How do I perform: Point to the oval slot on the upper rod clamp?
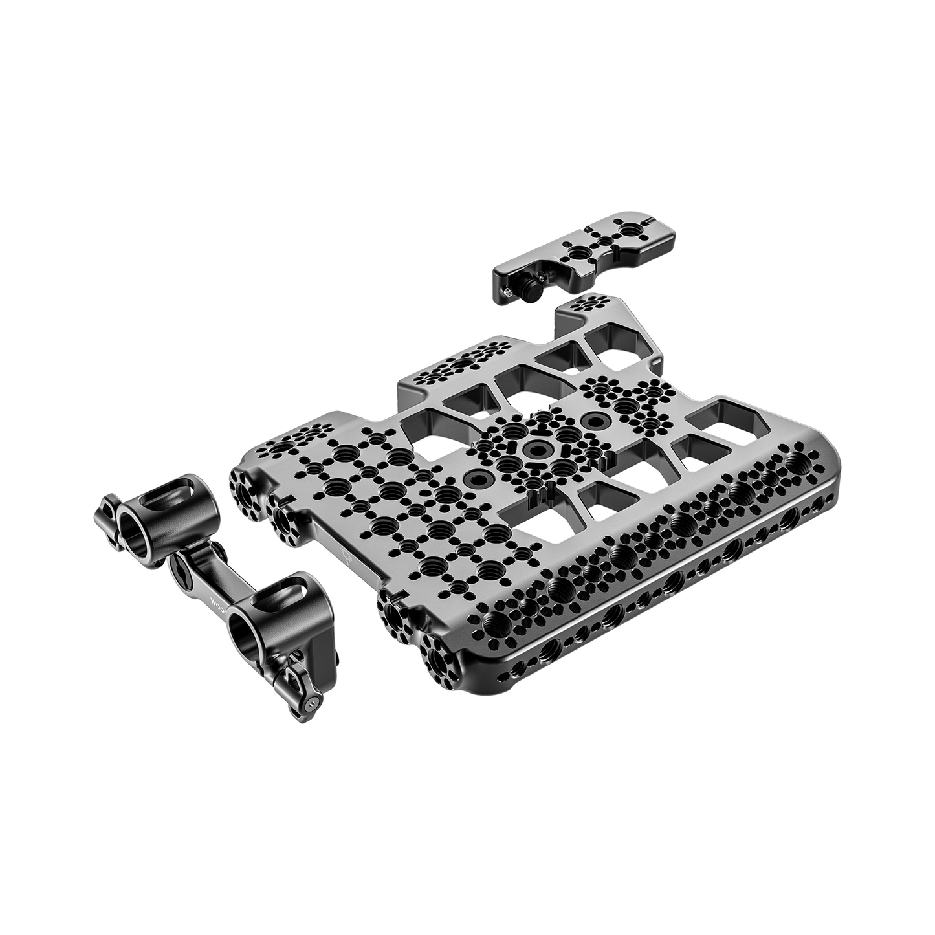tap(157, 503)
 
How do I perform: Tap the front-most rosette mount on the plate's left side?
tap(442, 659)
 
